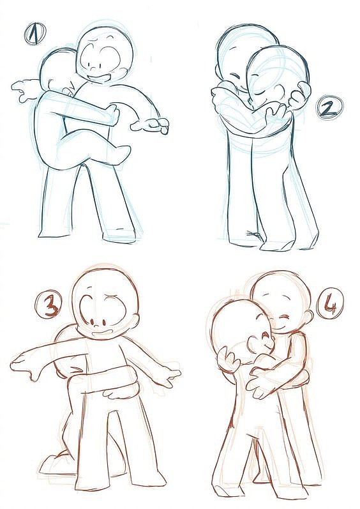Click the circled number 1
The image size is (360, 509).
[35, 33]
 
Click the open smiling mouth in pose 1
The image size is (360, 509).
[100, 79]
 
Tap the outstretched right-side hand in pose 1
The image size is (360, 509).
[151, 125]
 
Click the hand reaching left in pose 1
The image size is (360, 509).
[24, 89]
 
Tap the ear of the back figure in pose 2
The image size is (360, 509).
[217, 70]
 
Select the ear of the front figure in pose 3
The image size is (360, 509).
[137, 321]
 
